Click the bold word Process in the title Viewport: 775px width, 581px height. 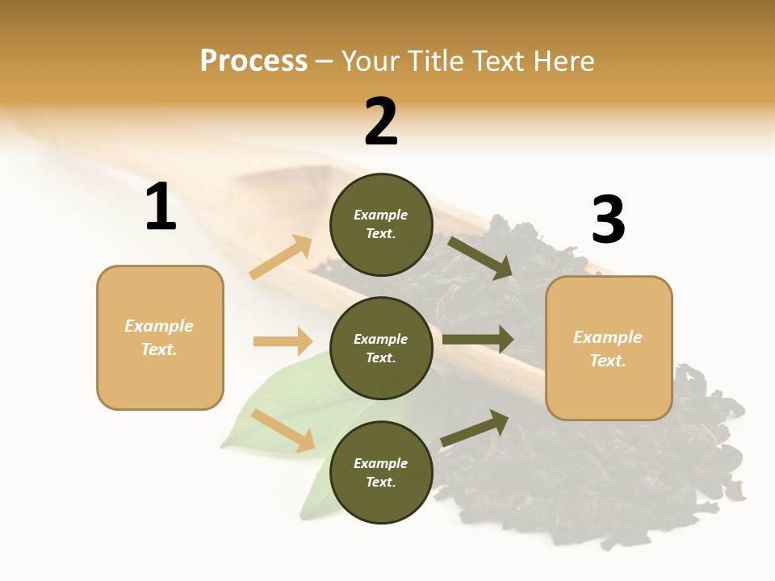(x=253, y=61)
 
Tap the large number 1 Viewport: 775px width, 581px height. (x=161, y=207)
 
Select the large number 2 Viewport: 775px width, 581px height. (x=381, y=122)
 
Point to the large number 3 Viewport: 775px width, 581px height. (x=608, y=220)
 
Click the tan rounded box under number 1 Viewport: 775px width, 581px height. (x=160, y=337)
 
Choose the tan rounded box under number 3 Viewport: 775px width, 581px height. (x=609, y=348)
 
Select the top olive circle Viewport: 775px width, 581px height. (x=381, y=224)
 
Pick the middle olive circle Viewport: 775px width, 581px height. (x=381, y=348)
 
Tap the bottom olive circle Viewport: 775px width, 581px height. (x=381, y=472)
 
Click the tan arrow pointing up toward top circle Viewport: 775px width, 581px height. (x=281, y=257)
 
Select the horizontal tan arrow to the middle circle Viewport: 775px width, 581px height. (x=283, y=341)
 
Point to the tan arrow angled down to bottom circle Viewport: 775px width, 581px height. (x=283, y=430)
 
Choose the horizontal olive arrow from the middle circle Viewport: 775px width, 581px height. (x=478, y=339)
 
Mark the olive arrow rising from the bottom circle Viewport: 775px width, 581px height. (x=475, y=428)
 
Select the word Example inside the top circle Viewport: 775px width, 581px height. (x=381, y=215)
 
